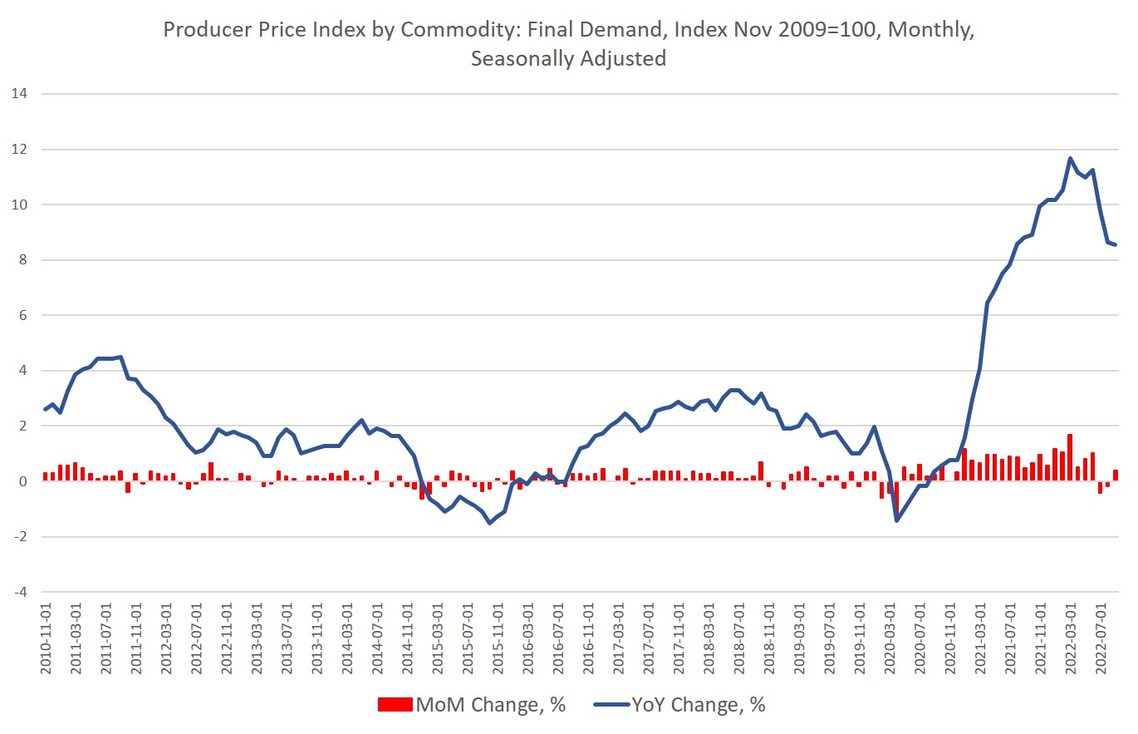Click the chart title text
[568, 43]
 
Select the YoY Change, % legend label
[697, 705]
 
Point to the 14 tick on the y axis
[20, 94]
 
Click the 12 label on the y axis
[20, 150]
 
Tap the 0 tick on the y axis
[23, 481]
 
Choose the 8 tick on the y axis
[23, 260]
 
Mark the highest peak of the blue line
[1070, 158]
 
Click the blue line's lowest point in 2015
[490, 522]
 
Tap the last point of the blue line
[1116, 244]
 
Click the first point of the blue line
[45, 409]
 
